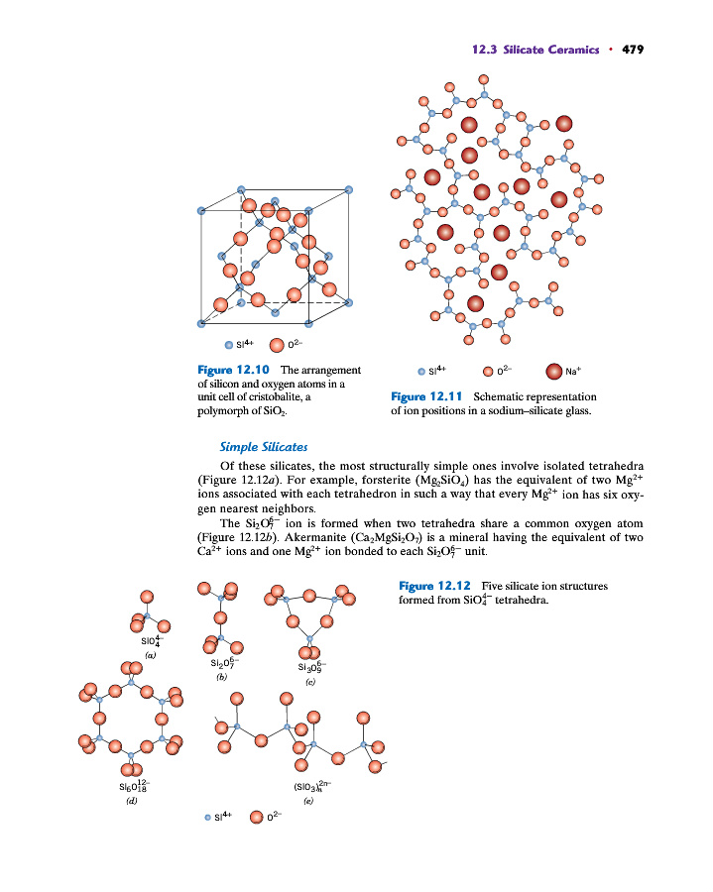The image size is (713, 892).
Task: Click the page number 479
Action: pos(633,50)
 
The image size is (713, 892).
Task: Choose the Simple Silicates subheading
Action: pos(257,447)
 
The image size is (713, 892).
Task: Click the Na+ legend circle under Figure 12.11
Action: pos(553,372)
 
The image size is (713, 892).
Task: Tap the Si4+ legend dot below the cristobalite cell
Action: pos(230,346)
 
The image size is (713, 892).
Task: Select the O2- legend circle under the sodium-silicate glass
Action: pos(488,372)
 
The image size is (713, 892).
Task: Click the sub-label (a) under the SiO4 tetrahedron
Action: pos(150,656)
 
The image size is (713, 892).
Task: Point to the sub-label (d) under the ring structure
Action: pos(132,799)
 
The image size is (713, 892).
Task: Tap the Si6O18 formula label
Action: pos(132,785)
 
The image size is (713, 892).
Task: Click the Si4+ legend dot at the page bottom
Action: pos(208,818)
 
